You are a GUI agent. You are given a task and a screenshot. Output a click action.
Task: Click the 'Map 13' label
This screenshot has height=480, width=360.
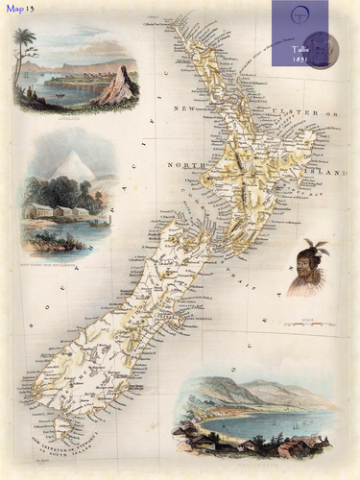pyautogui.click(x=18, y=9)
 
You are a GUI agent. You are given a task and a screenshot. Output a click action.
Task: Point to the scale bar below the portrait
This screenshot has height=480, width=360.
pyautogui.click(x=306, y=324)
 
